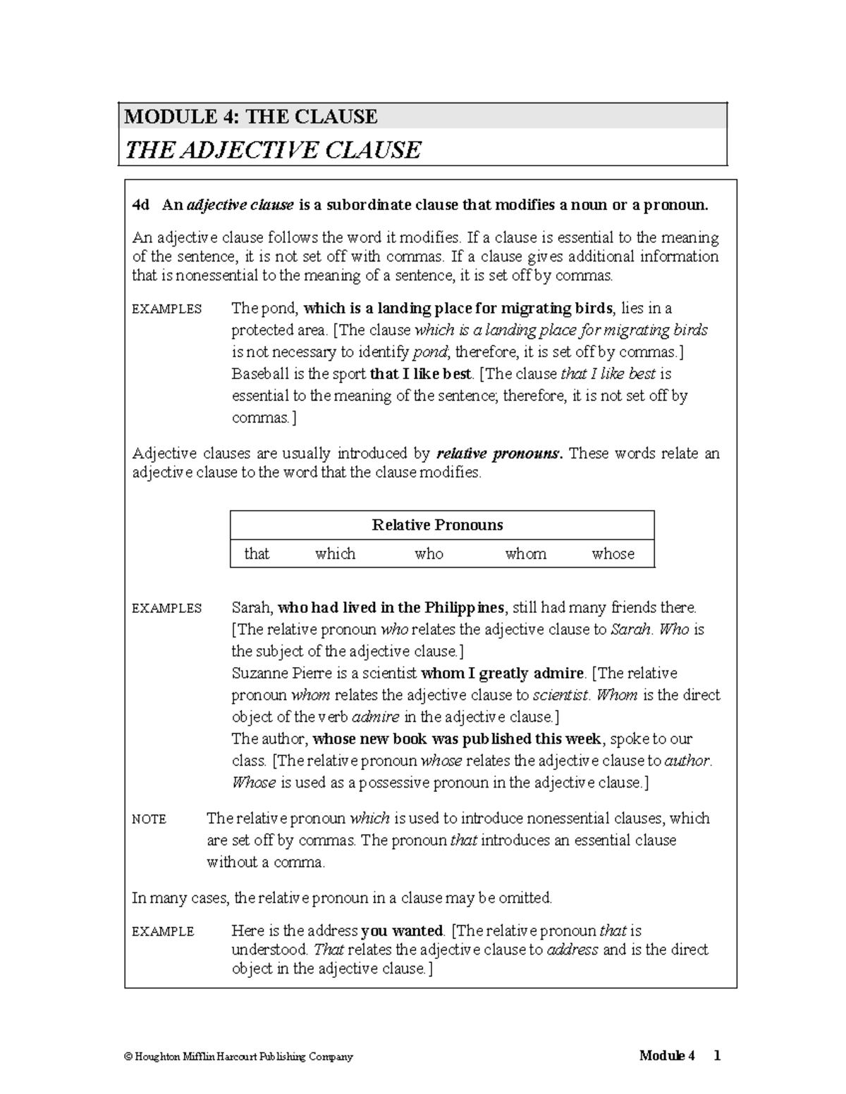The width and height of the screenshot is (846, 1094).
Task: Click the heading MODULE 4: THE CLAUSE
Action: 251,116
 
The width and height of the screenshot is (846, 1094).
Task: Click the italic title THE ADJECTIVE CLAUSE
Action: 272,150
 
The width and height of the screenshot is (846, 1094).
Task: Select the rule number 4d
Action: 141,205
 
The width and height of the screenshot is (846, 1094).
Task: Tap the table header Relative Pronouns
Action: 437,525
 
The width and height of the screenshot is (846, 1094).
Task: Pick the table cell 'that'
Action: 257,554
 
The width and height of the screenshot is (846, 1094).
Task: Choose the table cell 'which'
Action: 336,554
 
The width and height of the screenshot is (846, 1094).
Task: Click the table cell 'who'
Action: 429,554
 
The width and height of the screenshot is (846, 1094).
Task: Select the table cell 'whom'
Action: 526,554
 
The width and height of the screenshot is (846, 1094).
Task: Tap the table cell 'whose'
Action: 613,554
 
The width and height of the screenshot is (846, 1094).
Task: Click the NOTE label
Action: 149,819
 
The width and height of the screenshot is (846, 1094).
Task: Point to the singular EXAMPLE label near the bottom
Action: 163,931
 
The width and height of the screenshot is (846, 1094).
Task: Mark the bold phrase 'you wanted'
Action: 402,931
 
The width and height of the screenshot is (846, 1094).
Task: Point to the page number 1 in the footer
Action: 716,1055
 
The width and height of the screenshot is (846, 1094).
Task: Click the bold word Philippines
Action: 463,607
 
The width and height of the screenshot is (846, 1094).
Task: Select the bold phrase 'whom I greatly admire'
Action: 502,673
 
